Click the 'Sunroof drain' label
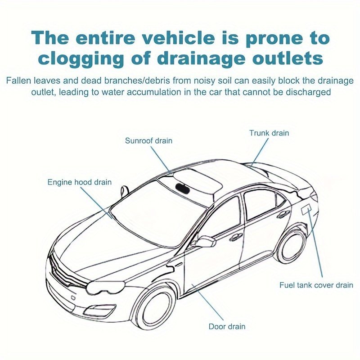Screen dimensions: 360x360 point(148,141)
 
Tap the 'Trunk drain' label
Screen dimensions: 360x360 point(269,133)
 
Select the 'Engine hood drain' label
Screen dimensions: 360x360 point(80,182)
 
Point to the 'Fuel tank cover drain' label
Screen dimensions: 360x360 point(316,285)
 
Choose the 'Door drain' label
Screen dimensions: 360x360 point(227,326)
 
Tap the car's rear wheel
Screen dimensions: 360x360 point(291,245)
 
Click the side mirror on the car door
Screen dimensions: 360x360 point(204,242)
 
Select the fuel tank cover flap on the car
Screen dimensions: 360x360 point(307,209)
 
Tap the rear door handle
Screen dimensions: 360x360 point(283,214)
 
